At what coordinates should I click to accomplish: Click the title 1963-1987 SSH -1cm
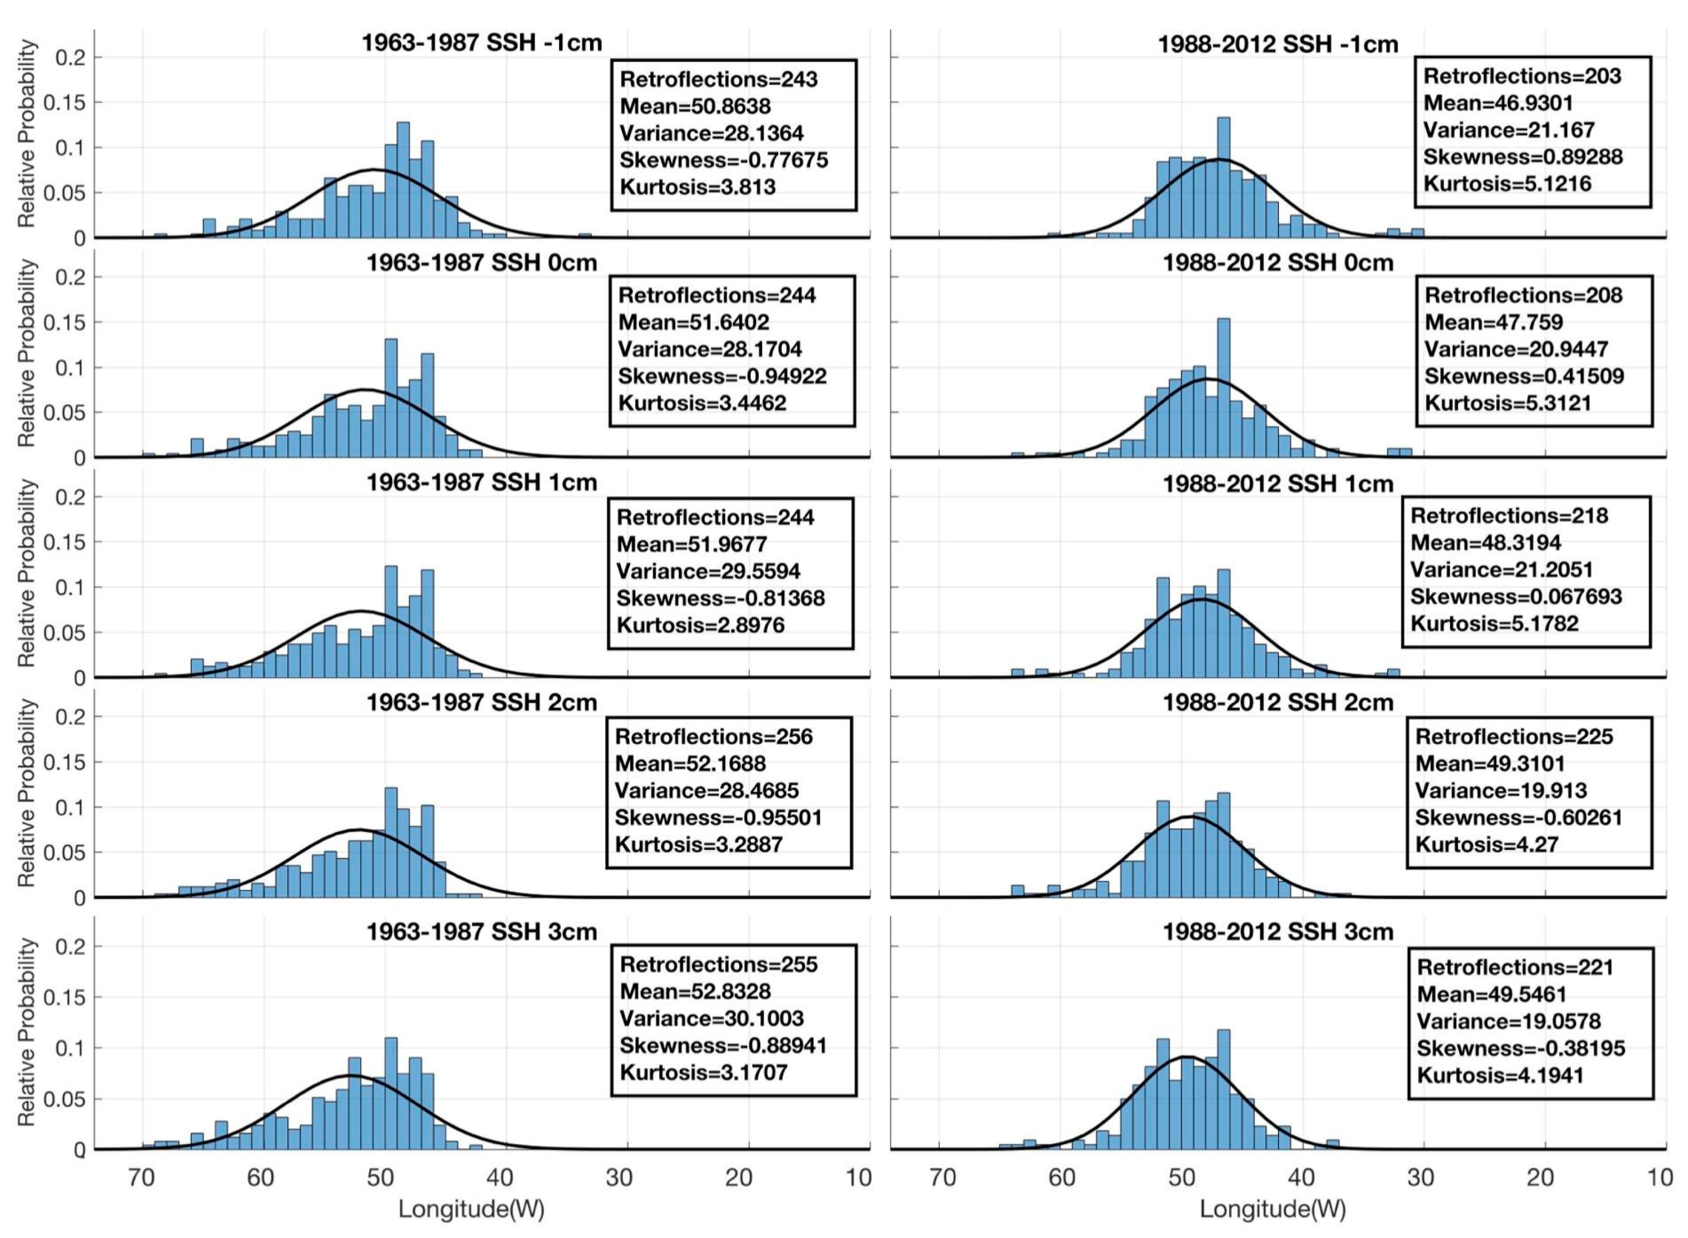click(x=481, y=42)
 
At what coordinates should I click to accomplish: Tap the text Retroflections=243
click(x=718, y=79)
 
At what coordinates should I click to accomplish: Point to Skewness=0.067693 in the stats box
click(x=1516, y=597)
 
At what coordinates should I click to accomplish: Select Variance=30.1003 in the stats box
click(x=711, y=1018)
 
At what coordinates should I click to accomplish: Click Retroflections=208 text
click(x=1523, y=295)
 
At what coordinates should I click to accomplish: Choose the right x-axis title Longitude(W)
click(x=1272, y=1208)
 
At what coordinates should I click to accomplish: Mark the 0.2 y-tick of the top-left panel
click(x=70, y=58)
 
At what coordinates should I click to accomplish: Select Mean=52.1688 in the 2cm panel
click(x=690, y=764)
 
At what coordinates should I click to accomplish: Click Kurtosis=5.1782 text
click(x=1494, y=623)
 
